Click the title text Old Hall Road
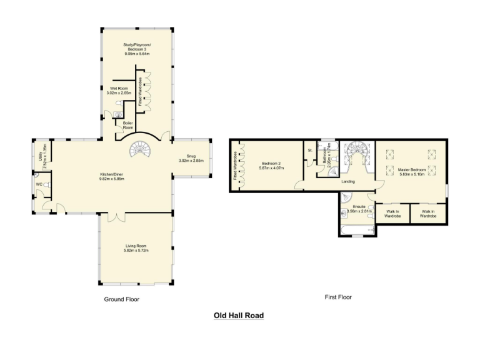click(x=239, y=316)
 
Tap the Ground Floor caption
click(x=121, y=299)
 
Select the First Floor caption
click(x=338, y=297)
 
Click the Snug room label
click(x=191, y=158)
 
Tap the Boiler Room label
click(x=128, y=124)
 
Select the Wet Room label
click(x=119, y=89)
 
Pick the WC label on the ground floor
click(x=39, y=184)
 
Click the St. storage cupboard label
click(x=310, y=151)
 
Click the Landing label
click(x=348, y=181)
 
